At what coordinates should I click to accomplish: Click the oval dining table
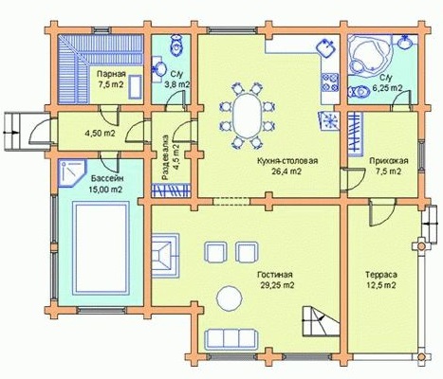coord(247,115)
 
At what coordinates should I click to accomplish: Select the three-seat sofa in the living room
coord(231,339)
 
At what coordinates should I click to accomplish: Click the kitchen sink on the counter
coord(326,48)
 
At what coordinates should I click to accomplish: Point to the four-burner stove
coord(330,82)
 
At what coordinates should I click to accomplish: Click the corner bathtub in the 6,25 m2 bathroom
coord(369,56)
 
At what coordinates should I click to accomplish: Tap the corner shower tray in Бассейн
coord(72,172)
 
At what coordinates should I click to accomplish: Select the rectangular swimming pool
coord(101,248)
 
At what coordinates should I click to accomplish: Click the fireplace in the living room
coord(165,256)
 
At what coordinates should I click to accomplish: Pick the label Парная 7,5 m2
coord(111,80)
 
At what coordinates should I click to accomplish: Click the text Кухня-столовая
coord(287,161)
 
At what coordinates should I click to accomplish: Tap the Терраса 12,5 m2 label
coord(381,280)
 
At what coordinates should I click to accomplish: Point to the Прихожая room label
coord(389,161)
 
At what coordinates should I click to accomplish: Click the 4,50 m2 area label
coord(100,133)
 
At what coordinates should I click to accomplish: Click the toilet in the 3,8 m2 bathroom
coord(175,45)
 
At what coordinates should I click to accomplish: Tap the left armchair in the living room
coord(216,253)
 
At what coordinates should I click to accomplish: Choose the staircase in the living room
coord(321,321)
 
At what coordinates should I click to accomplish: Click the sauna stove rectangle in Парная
coord(135,87)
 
